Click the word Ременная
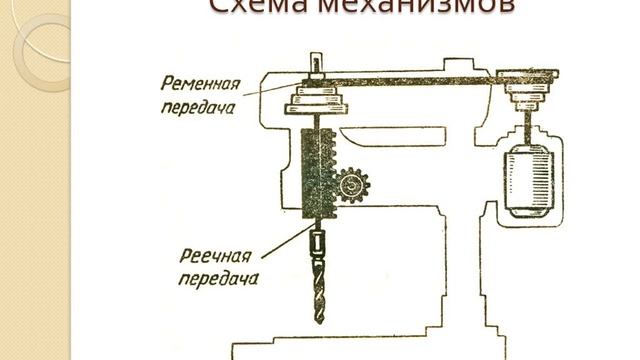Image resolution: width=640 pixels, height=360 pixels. tap(197, 83)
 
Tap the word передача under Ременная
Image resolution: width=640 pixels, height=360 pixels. tap(197, 104)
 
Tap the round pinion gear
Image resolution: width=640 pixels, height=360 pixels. tap(351, 187)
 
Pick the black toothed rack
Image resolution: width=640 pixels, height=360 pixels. tap(313, 169)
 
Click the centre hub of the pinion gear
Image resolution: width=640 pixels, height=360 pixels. tap(351, 187)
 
